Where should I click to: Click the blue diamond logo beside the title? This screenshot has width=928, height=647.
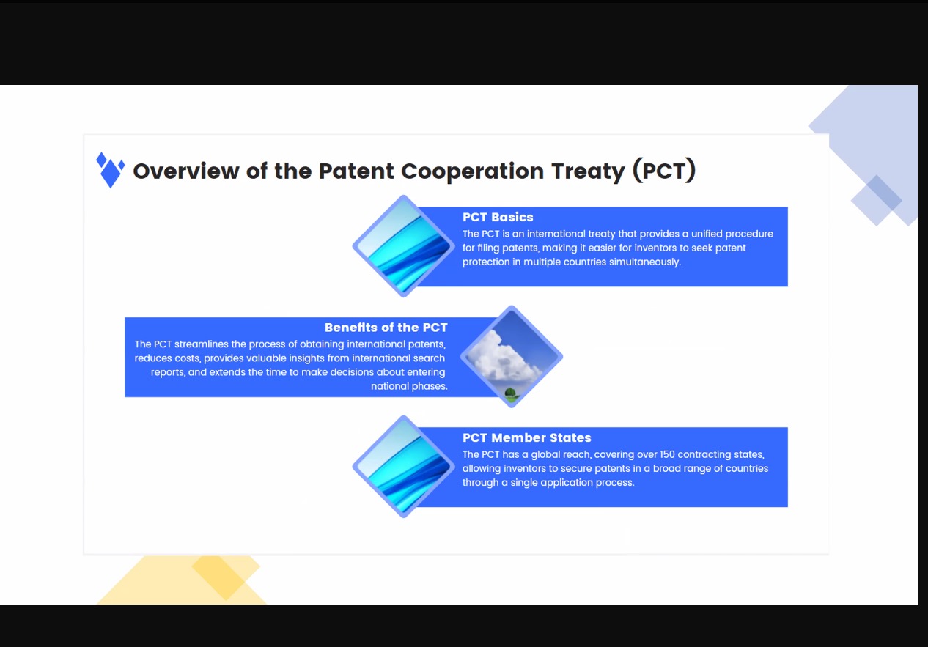point(110,170)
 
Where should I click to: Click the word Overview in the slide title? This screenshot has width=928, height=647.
point(186,171)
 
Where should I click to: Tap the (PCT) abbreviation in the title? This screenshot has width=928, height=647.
point(664,170)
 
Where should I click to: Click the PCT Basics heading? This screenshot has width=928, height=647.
point(498,217)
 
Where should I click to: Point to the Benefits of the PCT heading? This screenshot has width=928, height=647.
point(386,328)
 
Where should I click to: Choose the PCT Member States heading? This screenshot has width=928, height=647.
point(526,437)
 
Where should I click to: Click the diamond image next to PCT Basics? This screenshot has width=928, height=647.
point(403,246)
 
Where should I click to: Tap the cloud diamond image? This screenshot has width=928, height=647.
point(511,357)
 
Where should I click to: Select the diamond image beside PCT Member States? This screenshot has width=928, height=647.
point(403,467)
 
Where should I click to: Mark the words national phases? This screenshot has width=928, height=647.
point(409,386)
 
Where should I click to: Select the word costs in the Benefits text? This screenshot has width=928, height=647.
point(188,358)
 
